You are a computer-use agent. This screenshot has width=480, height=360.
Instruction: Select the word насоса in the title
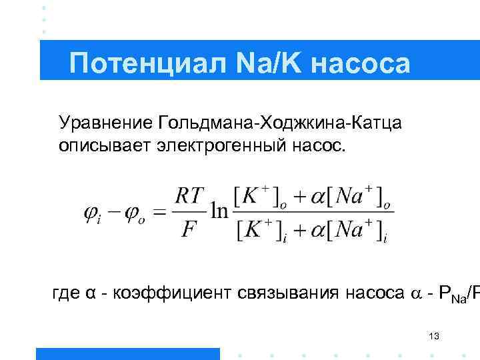360,64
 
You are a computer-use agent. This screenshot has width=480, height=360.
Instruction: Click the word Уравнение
106,123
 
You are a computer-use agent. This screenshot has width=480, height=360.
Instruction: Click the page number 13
434,336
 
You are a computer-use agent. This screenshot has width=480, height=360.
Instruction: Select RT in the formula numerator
189,197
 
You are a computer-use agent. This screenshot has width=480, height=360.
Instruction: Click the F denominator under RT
189,230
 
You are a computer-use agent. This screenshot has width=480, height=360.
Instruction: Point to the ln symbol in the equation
219,212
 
